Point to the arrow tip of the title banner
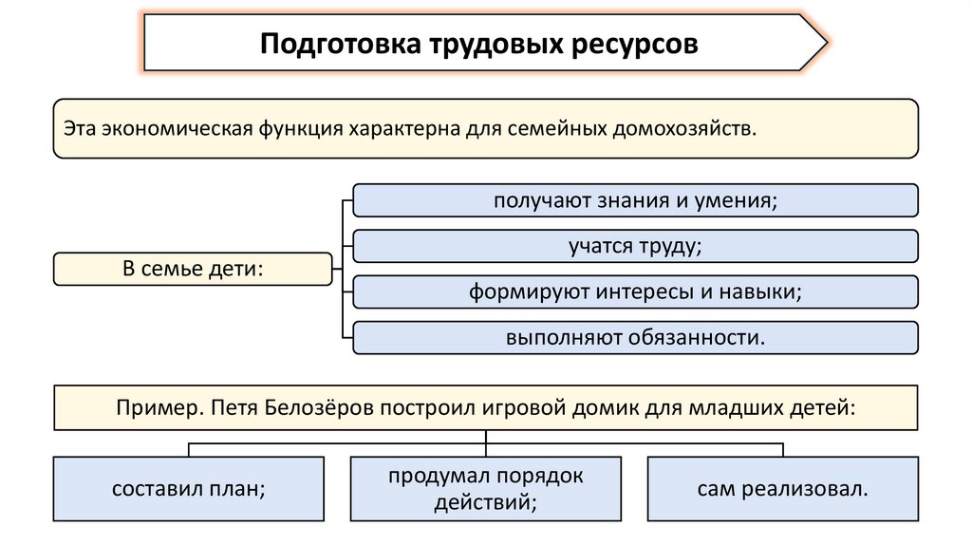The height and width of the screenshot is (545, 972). point(823,43)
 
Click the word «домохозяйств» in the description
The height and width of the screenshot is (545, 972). point(683,128)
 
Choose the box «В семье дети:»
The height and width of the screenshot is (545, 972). point(193,269)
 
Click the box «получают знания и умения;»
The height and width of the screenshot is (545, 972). point(635,200)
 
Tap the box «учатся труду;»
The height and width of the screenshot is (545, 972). point(635,246)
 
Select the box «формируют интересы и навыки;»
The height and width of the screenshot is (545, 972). point(635,291)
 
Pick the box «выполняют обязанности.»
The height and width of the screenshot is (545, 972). point(635,337)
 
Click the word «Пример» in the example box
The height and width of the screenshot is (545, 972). point(156,407)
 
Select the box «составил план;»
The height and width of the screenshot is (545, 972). point(188,489)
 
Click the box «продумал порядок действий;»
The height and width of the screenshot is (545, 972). point(485,489)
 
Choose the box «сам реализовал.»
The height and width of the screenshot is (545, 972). point(782,489)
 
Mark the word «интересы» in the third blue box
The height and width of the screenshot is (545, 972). point(648,291)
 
